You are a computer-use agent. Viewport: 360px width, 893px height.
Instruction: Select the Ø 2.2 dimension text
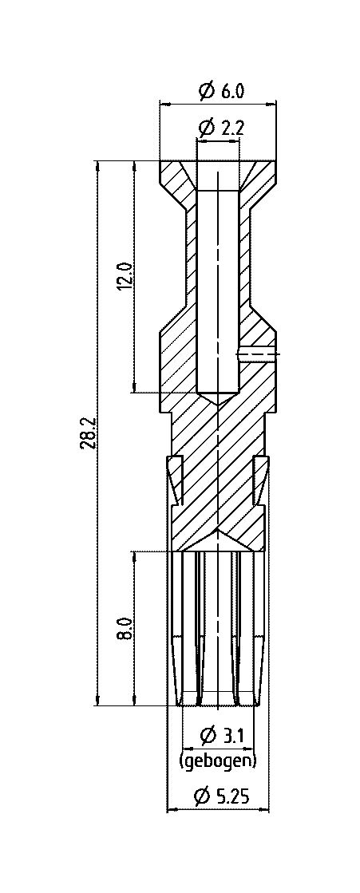(220, 128)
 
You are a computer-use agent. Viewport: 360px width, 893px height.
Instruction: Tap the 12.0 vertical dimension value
(126, 277)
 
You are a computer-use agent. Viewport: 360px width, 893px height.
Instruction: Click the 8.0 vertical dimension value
(126, 629)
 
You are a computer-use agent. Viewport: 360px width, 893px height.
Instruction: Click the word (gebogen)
(218, 761)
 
